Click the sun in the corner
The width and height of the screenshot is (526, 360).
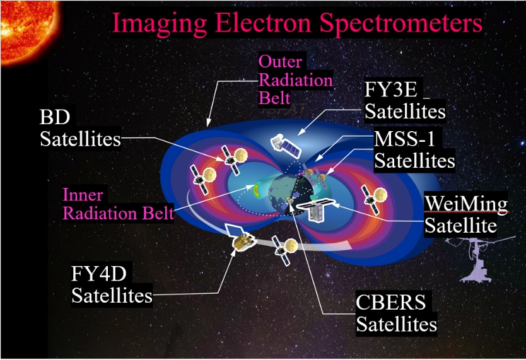click(x=28, y=30)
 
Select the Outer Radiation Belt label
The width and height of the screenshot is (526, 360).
click(x=295, y=80)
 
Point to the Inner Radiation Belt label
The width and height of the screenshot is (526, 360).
click(x=118, y=204)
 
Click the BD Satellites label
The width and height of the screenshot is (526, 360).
click(x=80, y=128)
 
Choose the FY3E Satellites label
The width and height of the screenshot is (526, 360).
click(x=405, y=100)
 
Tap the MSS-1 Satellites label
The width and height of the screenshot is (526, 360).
click(x=414, y=149)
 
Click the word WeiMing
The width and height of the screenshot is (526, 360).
click(x=466, y=204)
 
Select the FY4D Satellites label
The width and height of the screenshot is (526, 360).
click(x=112, y=284)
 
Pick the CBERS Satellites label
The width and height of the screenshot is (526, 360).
click(x=396, y=313)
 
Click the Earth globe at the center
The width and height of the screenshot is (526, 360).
click(x=291, y=194)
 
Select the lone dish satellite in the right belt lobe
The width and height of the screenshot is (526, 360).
click(x=374, y=199)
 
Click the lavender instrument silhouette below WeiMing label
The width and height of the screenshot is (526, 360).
click(x=478, y=258)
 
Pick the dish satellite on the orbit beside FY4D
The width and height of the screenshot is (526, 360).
click(x=284, y=249)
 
